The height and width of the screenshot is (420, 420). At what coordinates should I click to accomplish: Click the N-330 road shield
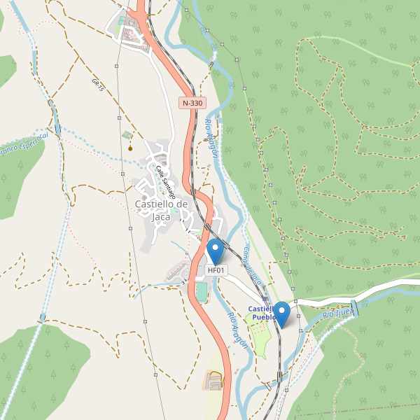[x=192, y=103]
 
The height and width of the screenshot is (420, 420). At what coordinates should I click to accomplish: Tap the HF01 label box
[x=216, y=270]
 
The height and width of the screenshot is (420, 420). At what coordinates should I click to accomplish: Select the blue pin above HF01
[x=216, y=250]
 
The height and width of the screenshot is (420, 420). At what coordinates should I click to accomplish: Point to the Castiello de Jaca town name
[x=161, y=210]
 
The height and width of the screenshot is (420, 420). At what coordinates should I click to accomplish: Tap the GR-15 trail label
[x=97, y=85]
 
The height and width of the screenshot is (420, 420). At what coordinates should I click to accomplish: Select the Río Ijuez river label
[x=338, y=313]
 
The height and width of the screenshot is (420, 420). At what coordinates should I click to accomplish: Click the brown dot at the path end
[x=130, y=148]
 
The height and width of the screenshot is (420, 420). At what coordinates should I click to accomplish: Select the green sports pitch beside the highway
[x=202, y=291]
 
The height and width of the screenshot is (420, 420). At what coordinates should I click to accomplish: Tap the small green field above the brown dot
[x=126, y=134]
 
